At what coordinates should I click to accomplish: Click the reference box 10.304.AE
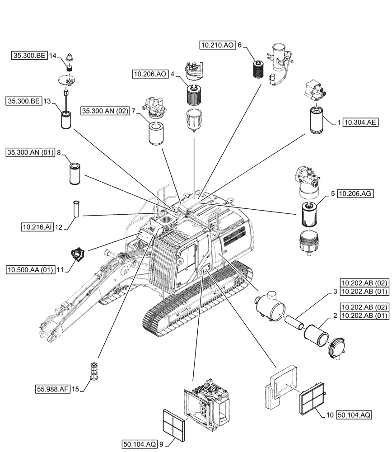pyautogui.click(x=360, y=122)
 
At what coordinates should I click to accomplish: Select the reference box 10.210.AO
pyautogui.click(x=217, y=45)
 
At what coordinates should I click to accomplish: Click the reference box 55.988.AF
pyautogui.click(x=53, y=388)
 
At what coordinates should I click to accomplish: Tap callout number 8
pyautogui.click(x=59, y=153)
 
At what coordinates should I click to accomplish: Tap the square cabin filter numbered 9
pyautogui.click(x=173, y=425)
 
